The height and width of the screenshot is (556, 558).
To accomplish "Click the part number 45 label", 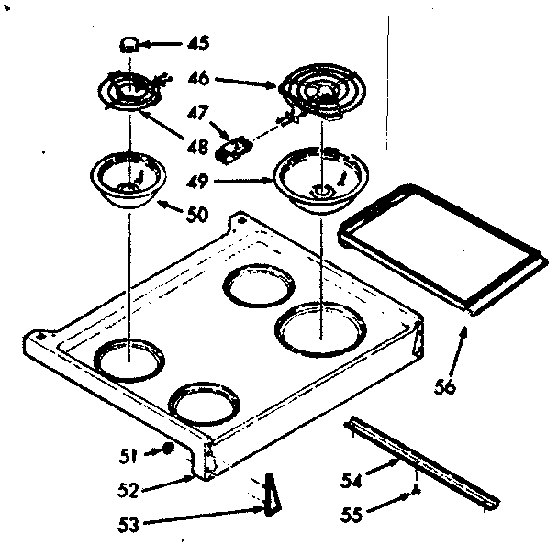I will click(197, 42).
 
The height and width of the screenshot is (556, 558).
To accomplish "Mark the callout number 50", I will click(196, 217).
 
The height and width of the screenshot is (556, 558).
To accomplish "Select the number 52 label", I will click(129, 488).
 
